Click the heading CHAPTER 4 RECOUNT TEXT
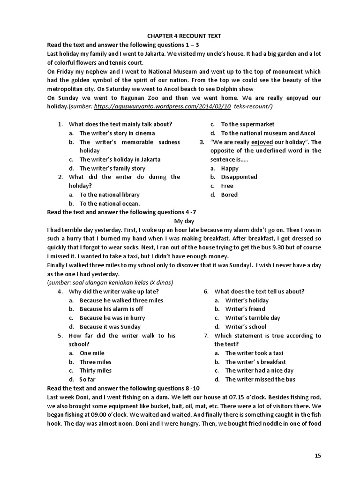[x=184, y=36]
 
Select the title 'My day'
[x=184, y=221]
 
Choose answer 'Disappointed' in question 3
[x=239, y=177]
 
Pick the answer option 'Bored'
[x=229, y=195]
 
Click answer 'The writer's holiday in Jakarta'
[x=120, y=159]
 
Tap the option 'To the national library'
[x=109, y=195]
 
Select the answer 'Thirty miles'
[x=95, y=371]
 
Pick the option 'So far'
[x=87, y=380]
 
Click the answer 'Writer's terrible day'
[x=253, y=318]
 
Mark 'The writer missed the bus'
[x=260, y=380]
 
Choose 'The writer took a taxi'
[x=254, y=353]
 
